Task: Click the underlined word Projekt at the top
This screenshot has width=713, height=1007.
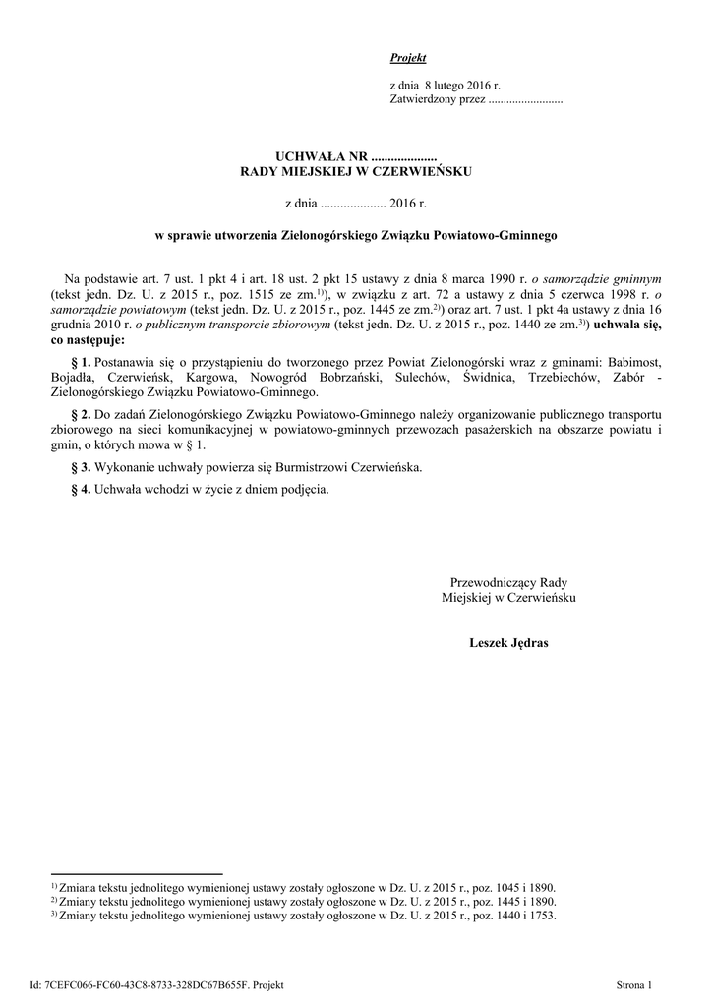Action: point(408,59)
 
